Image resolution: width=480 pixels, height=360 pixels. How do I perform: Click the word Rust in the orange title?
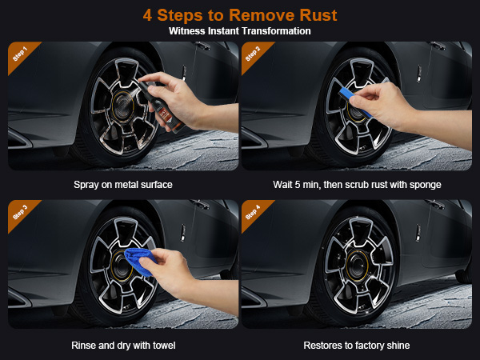tap(318, 15)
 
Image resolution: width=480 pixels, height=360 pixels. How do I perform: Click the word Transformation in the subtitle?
tap(276, 31)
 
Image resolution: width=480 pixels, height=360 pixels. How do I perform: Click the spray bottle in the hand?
tap(161, 106)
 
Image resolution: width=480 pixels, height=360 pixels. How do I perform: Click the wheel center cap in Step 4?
tap(357, 265)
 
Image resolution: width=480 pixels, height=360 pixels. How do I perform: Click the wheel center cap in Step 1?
tap(122, 105)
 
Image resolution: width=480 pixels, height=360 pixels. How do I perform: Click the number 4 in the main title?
tap(147, 15)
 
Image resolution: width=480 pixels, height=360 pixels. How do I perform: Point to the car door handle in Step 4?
tap(436, 204)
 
